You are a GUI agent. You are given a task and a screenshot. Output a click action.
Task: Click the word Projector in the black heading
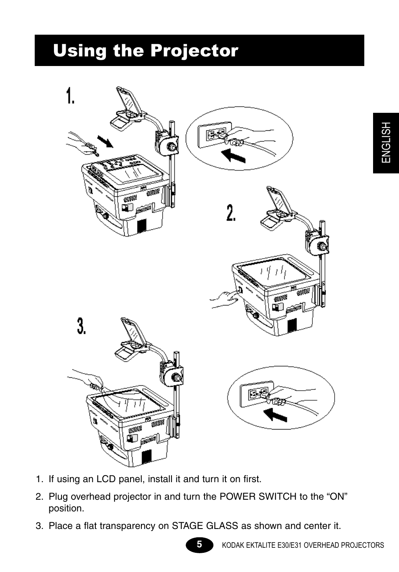(x=194, y=51)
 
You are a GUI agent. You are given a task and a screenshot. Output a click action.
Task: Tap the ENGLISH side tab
(x=386, y=143)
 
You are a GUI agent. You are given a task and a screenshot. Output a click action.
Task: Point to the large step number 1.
(x=70, y=96)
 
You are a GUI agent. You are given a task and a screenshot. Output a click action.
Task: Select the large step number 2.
(x=231, y=212)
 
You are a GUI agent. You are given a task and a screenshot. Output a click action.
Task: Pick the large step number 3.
(x=81, y=325)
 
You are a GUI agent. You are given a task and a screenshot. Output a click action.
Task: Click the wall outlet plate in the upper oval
(x=215, y=135)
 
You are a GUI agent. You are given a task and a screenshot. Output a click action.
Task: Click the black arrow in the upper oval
(x=233, y=156)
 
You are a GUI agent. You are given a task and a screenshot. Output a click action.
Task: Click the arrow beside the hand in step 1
(x=105, y=142)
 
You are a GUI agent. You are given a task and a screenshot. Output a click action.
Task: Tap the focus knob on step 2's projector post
(x=320, y=247)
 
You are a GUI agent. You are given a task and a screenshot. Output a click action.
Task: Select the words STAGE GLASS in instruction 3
(x=205, y=526)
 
